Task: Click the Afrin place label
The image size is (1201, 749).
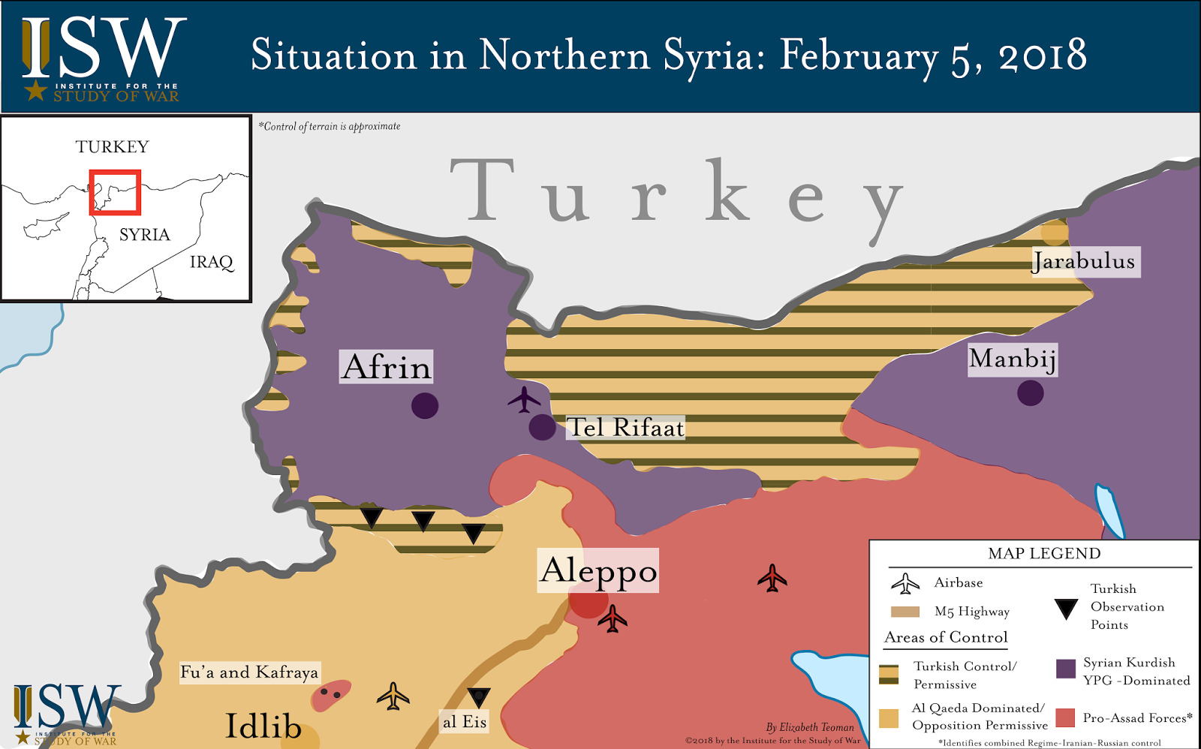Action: (x=386, y=367)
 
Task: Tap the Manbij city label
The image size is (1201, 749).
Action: (x=1013, y=359)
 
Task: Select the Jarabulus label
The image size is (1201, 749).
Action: (x=1085, y=261)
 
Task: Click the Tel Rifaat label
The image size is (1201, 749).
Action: (x=625, y=428)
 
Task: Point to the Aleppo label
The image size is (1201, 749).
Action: (x=598, y=570)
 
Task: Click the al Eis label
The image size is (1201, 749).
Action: (x=464, y=722)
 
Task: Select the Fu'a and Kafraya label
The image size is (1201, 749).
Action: (x=249, y=672)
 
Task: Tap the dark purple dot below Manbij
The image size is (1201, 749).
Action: (x=1030, y=393)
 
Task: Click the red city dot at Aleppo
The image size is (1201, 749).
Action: (x=587, y=602)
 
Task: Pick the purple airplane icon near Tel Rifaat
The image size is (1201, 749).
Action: (x=524, y=399)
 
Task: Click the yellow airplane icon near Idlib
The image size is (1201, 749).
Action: (x=393, y=696)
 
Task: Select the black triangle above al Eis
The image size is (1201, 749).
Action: (x=478, y=696)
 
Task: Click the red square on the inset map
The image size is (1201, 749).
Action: (x=115, y=192)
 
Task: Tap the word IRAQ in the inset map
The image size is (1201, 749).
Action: (x=211, y=262)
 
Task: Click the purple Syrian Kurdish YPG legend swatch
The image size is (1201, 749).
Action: (x=1065, y=669)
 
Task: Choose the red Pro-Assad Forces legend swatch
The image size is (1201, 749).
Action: (x=1065, y=717)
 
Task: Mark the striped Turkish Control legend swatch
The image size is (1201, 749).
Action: (x=889, y=674)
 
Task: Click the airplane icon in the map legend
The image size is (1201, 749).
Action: (x=905, y=583)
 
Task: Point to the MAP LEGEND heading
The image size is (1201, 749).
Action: (x=1044, y=554)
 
